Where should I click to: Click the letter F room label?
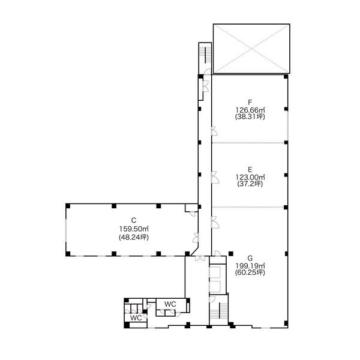click(x=250, y=102)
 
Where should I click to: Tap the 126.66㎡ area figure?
click(x=250, y=110)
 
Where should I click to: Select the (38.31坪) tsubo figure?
click(x=250, y=117)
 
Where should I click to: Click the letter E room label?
click(x=250, y=170)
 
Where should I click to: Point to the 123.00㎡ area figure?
click(x=250, y=177)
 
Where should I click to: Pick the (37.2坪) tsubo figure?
click(x=250, y=184)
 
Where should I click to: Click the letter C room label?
click(x=134, y=220)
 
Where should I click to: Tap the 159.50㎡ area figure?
click(x=134, y=229)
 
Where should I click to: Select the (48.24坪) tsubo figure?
click(x=134, y=237)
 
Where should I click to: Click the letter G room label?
click(x=250, y=258)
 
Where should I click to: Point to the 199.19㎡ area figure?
click(x=250, y=266)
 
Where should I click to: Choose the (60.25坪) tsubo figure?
click(x=250, y=272)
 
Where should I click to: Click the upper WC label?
click(x=170, y=304)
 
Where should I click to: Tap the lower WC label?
click(x=136, y=318)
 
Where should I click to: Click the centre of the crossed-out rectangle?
click(x=251, y=49)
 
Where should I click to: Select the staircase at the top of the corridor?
click(x=205, y=55)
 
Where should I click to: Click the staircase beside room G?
click(x=218, y=310)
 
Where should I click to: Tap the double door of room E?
click(x=215, y=178)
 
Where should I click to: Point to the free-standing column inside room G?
click(x=231, y=254)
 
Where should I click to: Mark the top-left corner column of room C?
click(x=68, y=206)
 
